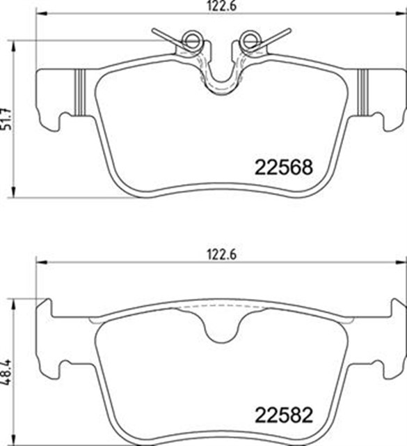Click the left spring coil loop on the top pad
(x=189, y=41)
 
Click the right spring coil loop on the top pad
(x=248, y=41)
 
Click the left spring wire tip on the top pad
(x=155, y=31)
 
